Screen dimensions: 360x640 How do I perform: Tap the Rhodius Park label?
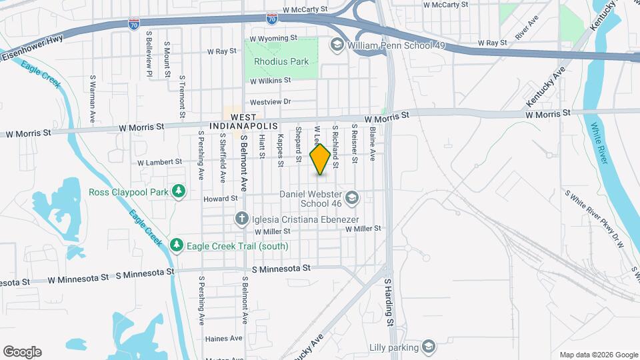(x=281, y=61)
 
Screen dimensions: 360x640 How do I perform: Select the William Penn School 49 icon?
(x=337, y=45)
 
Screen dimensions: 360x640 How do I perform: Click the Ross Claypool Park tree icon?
(x=178, y=192)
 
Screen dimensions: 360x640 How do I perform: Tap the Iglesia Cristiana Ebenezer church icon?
(x=243, y=219)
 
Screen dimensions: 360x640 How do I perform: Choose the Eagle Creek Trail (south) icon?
(x=177, y=245)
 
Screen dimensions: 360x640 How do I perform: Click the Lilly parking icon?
(x=429, y=347)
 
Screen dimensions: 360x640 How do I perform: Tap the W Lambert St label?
(x=159, y=162)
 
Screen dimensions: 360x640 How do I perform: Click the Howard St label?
(x=221, y=199)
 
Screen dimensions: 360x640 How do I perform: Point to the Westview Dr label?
(x=270, y=102)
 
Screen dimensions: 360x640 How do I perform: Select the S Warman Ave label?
(x=93, y=99)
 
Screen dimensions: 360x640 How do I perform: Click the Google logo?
(x=21, y=352)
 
